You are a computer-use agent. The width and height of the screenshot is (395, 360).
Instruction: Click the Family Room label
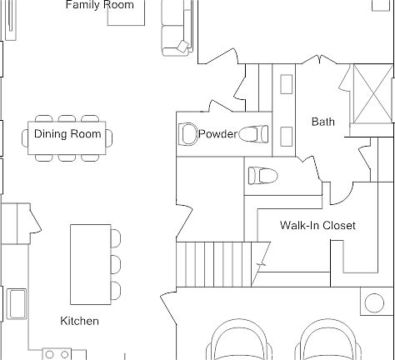click(99, 6)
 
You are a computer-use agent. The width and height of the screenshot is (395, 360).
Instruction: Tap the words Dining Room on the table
click(67, 134)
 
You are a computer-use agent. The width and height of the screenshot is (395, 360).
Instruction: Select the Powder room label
click(217, 134)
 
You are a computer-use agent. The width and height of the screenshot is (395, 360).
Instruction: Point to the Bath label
click(323, 122)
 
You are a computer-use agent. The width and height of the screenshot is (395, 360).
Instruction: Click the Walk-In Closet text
click(317, 226)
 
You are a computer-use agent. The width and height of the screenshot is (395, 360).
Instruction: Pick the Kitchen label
click(79, 321)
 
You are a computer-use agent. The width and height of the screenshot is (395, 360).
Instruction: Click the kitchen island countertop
click(87, 264)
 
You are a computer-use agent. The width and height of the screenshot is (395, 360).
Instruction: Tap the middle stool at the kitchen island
click(115, 264)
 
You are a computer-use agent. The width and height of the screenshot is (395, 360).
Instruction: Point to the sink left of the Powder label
click(187, 133)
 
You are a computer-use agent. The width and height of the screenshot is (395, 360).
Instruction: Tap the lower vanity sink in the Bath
click(287, 136)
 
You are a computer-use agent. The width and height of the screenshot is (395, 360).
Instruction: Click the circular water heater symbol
click(372, 302)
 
